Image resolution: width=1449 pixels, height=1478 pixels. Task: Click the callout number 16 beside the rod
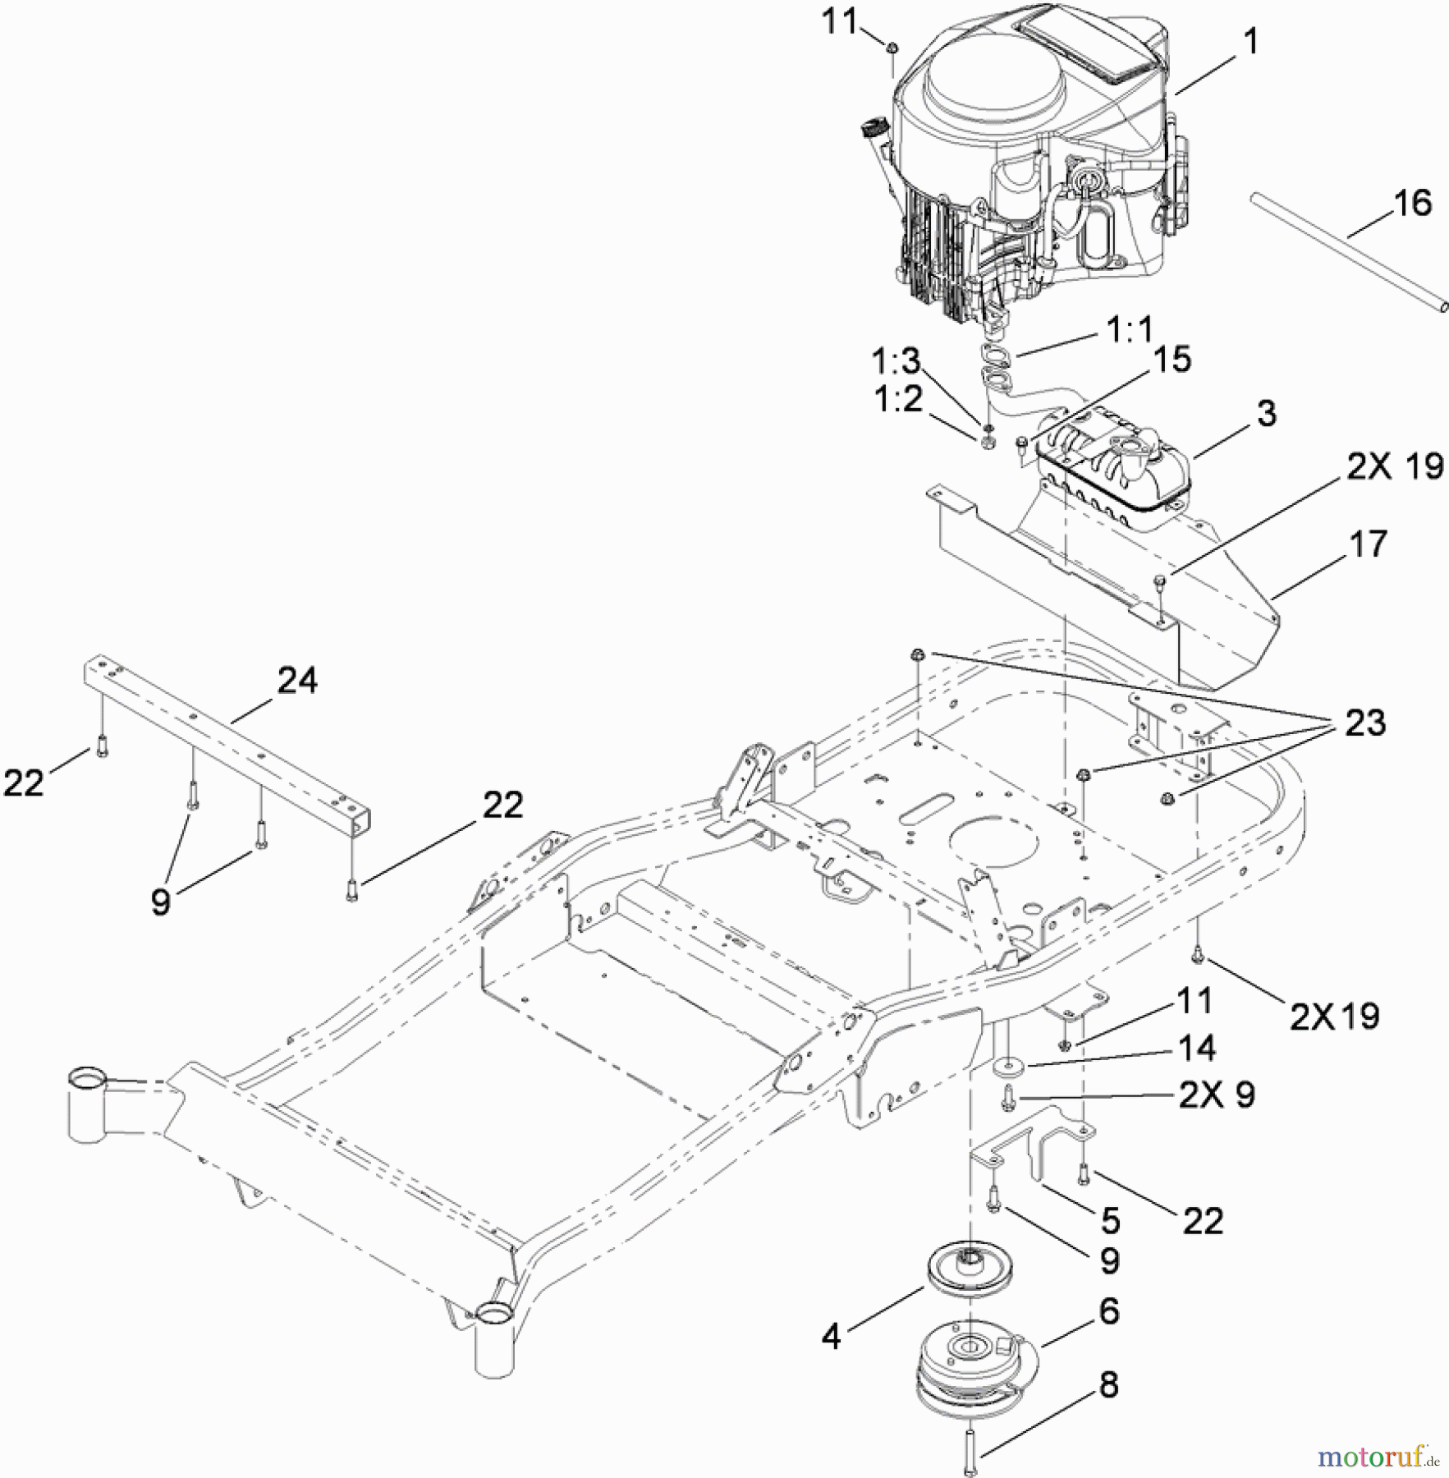[x=1412, y=204]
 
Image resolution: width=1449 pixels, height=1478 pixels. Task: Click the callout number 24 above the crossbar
[x=296, y=681]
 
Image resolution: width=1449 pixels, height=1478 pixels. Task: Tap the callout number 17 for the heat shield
[x=1368, y=544]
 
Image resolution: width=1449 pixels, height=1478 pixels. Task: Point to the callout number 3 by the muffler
[x=1266, y=413]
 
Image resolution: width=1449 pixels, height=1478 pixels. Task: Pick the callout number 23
[x=1364, y=723]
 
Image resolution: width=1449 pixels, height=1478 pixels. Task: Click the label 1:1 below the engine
[x=1130, y=331]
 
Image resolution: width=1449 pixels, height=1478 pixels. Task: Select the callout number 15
[x=1172, y=360]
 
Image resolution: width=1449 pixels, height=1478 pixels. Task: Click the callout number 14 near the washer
[x=1195, y=1048]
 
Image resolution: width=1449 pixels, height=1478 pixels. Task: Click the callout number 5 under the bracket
[x=1110, y=1220]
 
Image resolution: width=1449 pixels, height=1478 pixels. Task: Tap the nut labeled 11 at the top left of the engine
[x=891, y=50]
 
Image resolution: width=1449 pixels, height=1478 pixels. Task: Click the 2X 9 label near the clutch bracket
[x=1217, y=1095]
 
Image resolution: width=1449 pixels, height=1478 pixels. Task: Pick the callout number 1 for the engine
[x=1250, y=41]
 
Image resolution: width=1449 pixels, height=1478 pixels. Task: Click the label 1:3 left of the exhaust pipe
[x=896, y=361]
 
